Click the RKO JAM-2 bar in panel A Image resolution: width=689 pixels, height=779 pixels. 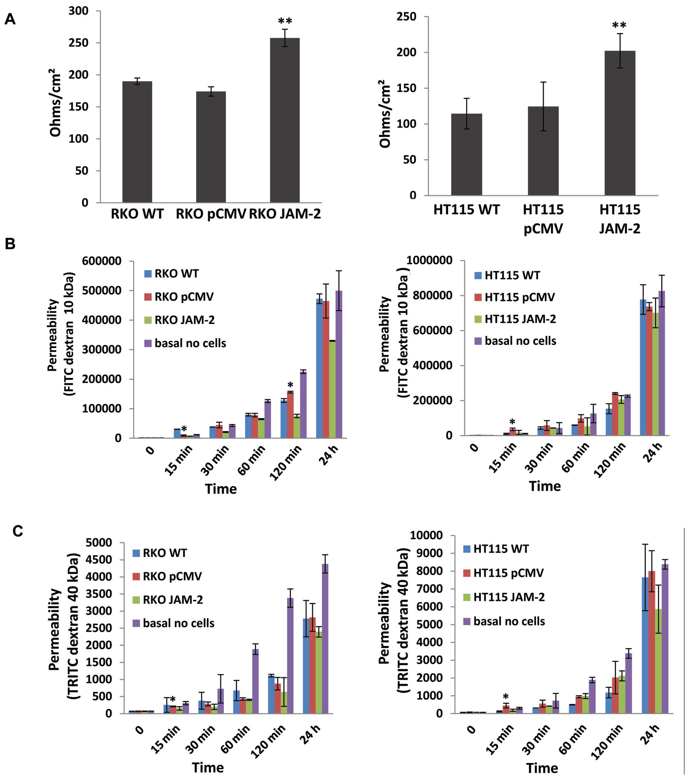[285, 120]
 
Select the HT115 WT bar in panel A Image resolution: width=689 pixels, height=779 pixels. [466, 154]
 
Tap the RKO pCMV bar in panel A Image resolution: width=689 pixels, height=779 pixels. [211, 147]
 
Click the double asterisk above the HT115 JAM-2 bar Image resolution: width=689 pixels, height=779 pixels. [619, 26]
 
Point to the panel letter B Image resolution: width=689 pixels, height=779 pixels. [10, 244]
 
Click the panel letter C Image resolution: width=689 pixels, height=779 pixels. [18, 531]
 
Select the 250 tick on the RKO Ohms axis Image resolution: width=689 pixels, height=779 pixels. [78, 43]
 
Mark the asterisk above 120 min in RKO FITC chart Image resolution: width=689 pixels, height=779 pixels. [290, 385]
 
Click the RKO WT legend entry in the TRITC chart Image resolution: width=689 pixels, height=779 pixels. [160, 553]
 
